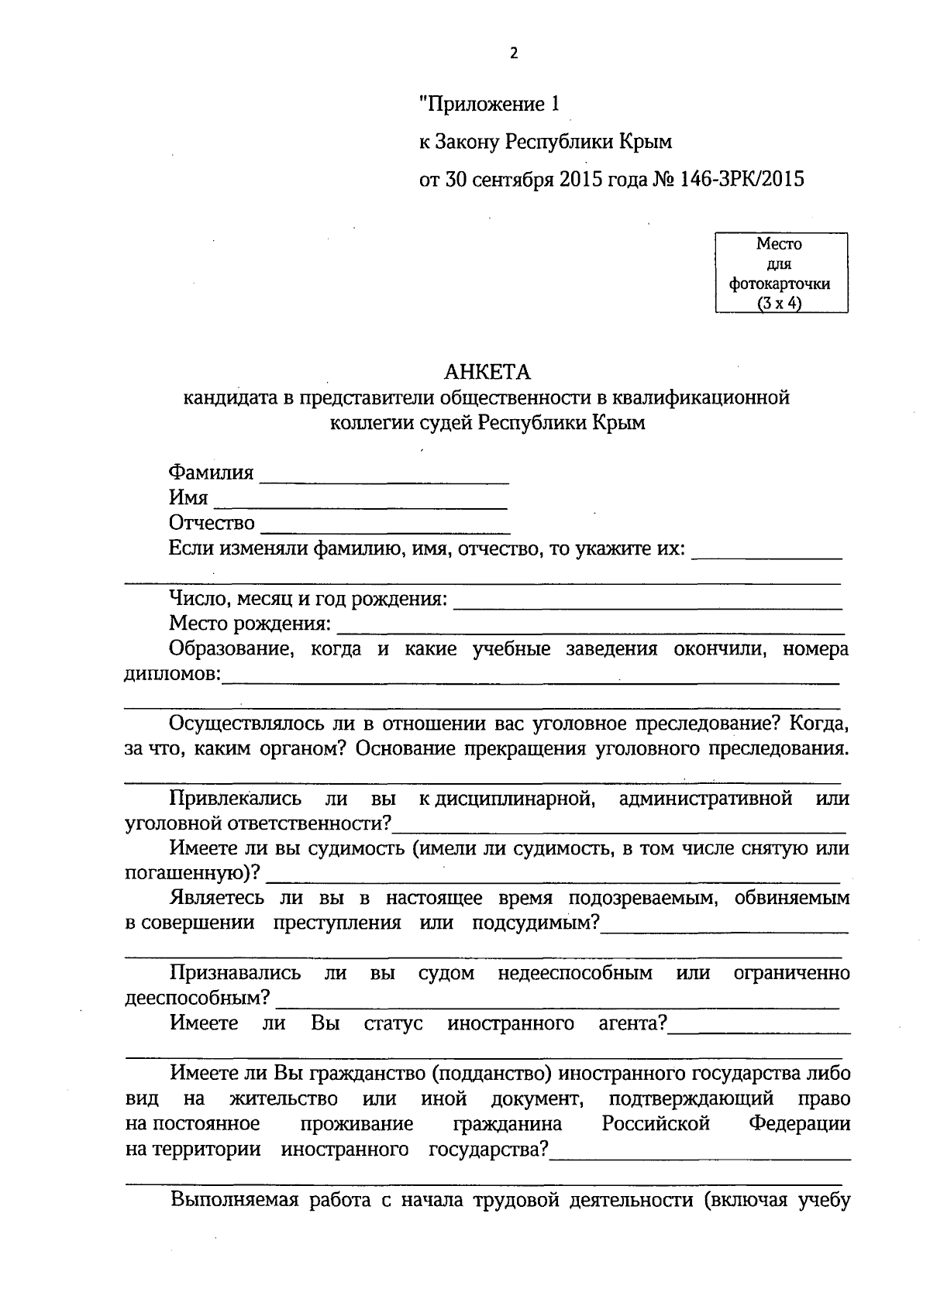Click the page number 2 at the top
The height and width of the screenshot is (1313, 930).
513,53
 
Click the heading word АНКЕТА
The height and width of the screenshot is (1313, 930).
487,373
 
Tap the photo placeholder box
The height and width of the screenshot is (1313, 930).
780,273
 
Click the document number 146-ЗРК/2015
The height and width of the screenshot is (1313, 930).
742,180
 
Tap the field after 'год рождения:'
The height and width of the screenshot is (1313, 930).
647,604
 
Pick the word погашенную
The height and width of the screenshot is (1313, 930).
189,874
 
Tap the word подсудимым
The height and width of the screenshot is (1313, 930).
535,923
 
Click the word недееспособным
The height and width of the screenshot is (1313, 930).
574,974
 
